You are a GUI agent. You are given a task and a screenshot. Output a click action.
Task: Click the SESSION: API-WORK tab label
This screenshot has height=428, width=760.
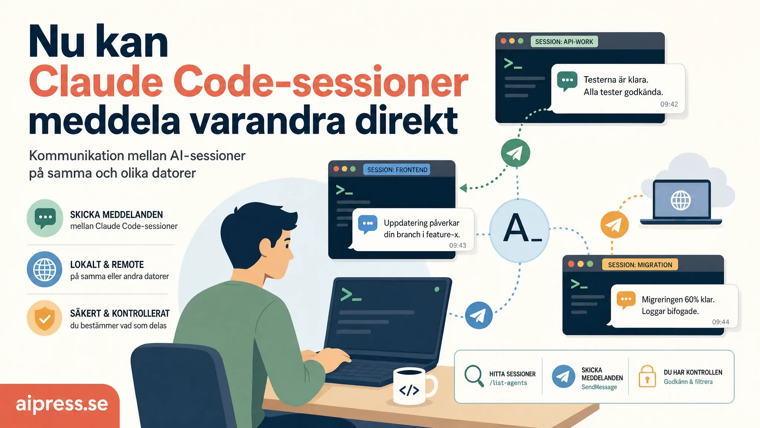[x=564, y=42]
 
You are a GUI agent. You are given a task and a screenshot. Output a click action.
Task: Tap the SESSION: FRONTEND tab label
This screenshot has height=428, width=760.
[x=397, y=170]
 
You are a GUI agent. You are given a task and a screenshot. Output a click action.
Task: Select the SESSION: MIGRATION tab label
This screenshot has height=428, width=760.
[x=640, y=265]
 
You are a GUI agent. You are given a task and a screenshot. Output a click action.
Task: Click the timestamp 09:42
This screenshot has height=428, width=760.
[x=669, y=104]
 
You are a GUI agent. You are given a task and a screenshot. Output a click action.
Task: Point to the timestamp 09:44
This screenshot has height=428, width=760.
[x=720, y=322]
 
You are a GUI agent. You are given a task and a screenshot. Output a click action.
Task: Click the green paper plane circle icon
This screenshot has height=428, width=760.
[x=515, y=153]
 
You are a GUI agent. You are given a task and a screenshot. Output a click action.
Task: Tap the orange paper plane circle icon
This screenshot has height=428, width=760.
[x=615, y=224]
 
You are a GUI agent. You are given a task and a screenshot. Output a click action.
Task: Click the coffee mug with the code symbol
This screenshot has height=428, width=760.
[x=412, y=387]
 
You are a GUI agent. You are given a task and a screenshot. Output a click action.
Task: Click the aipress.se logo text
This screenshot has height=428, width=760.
[x=62, y=404]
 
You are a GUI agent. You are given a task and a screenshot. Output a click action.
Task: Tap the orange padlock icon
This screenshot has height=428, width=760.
[x=647, y=376]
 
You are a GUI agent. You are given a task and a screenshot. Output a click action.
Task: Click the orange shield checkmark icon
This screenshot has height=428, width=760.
[x=45, y=318]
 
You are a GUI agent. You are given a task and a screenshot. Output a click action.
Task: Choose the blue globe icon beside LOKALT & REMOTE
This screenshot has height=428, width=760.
[x=45, y=269]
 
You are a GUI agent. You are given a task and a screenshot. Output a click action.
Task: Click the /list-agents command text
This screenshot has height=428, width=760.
[x=508, y=383]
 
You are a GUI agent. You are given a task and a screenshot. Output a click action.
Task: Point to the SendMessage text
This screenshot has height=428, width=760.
[x=599, y=387]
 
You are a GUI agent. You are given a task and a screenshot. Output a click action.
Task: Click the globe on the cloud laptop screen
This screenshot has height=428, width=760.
[x=681, y=200]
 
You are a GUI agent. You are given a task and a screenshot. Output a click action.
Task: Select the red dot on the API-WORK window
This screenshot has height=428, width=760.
[x=503, y=41]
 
